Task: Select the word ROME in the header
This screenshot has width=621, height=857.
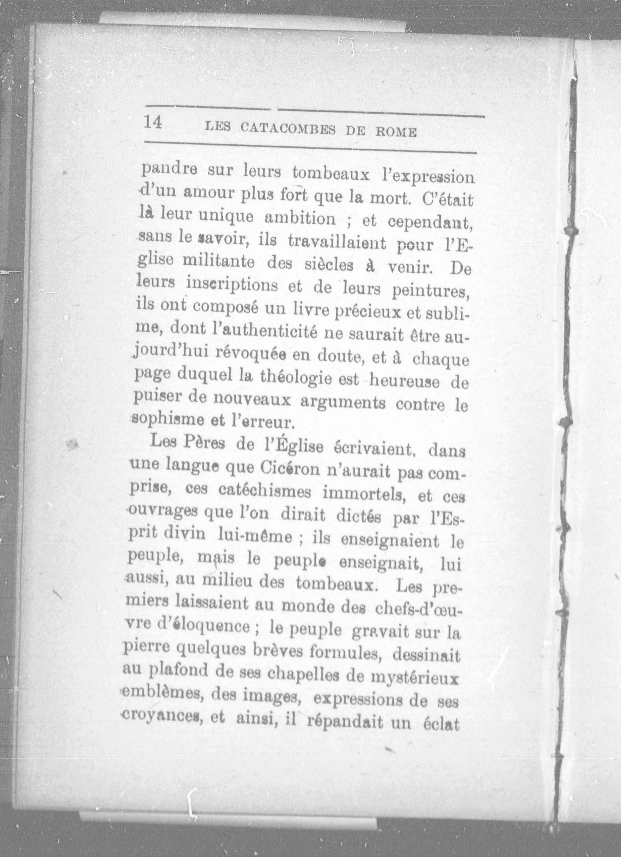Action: pos(396,133)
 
